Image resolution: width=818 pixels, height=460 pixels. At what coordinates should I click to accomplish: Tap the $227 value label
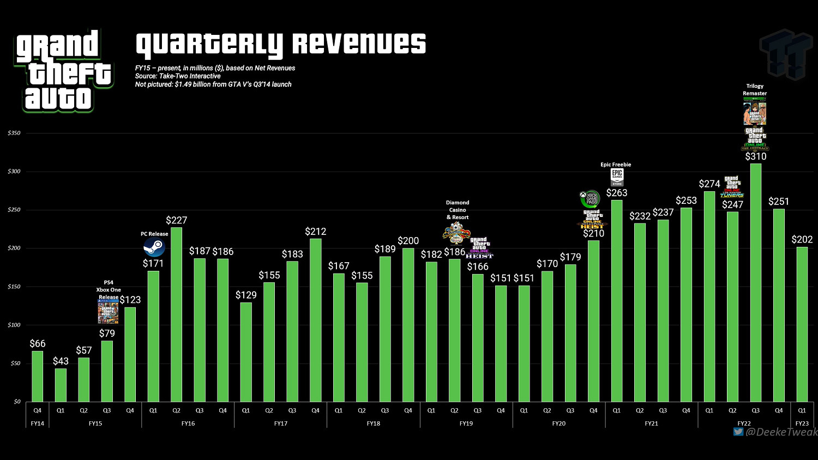[176, 220]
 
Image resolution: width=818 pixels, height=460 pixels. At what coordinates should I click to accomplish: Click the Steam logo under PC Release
[154, 248]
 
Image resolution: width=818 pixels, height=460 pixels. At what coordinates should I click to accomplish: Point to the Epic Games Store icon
[617, 177]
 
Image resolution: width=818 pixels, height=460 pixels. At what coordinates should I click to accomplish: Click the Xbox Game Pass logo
[590, 198]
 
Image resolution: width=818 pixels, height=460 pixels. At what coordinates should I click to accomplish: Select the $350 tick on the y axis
[14, 133]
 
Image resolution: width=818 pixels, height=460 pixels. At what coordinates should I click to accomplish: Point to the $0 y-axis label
[17, 402]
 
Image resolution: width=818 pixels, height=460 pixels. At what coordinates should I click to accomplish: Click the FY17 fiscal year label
[280, 423]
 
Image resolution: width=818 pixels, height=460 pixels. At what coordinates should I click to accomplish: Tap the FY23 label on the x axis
[802, 423]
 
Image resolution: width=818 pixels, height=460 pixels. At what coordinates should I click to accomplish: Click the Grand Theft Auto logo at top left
[63, 71]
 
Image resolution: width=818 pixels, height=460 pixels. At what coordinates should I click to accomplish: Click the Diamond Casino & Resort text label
[458, 210]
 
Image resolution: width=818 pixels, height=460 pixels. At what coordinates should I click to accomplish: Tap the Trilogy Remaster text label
[755, 89]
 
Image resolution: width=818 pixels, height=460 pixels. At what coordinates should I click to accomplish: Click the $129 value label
[246, 295]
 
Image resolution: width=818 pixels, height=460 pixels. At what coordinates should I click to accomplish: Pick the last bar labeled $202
[802, 324]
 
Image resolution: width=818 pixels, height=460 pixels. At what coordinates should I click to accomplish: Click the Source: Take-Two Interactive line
[178, 76]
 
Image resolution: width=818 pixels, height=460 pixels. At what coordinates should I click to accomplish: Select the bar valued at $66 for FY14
[37, 376]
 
